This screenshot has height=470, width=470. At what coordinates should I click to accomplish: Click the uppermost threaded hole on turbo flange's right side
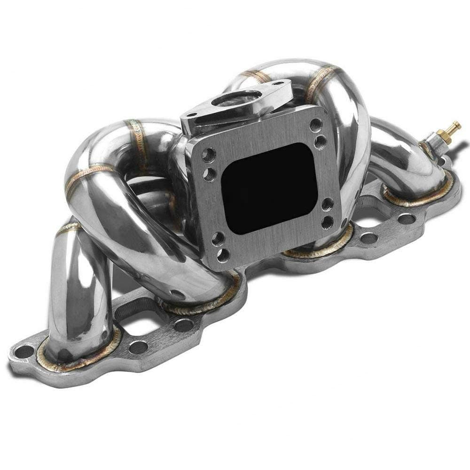coord(315,125)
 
